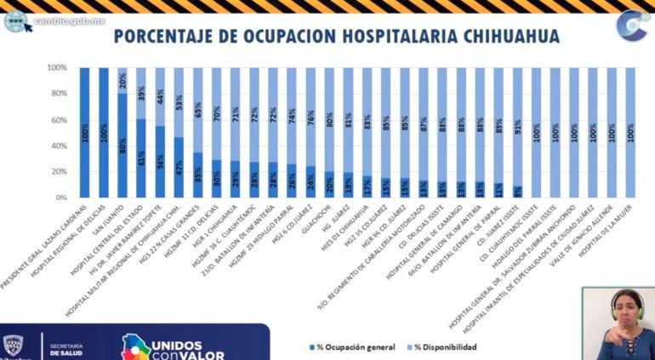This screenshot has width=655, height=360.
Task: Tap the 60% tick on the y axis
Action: pos(58,120)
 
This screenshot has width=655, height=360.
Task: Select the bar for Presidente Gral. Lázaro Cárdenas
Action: pos(85,132)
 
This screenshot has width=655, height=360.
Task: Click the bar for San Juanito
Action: pos(122,145)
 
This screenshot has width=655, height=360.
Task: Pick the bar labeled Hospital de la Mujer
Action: pos(630,132)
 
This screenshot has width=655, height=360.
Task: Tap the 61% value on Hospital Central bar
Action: pos(142,157)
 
